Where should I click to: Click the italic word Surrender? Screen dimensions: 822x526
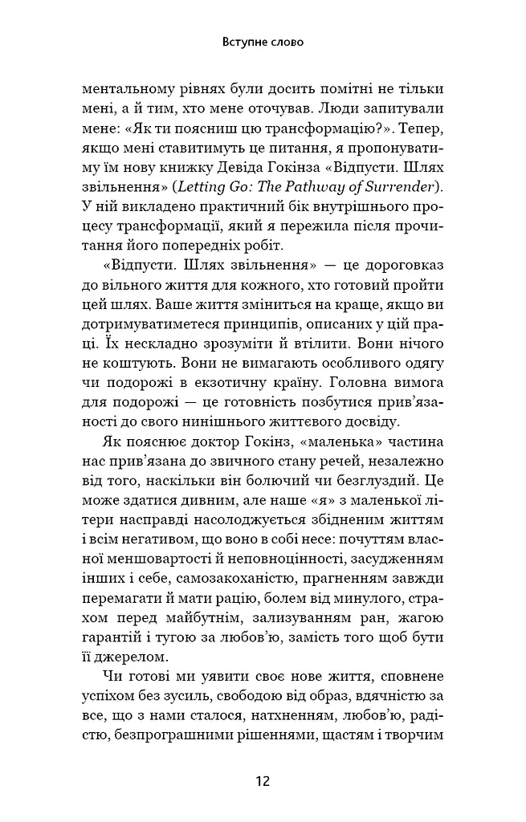(x=405, y=188)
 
